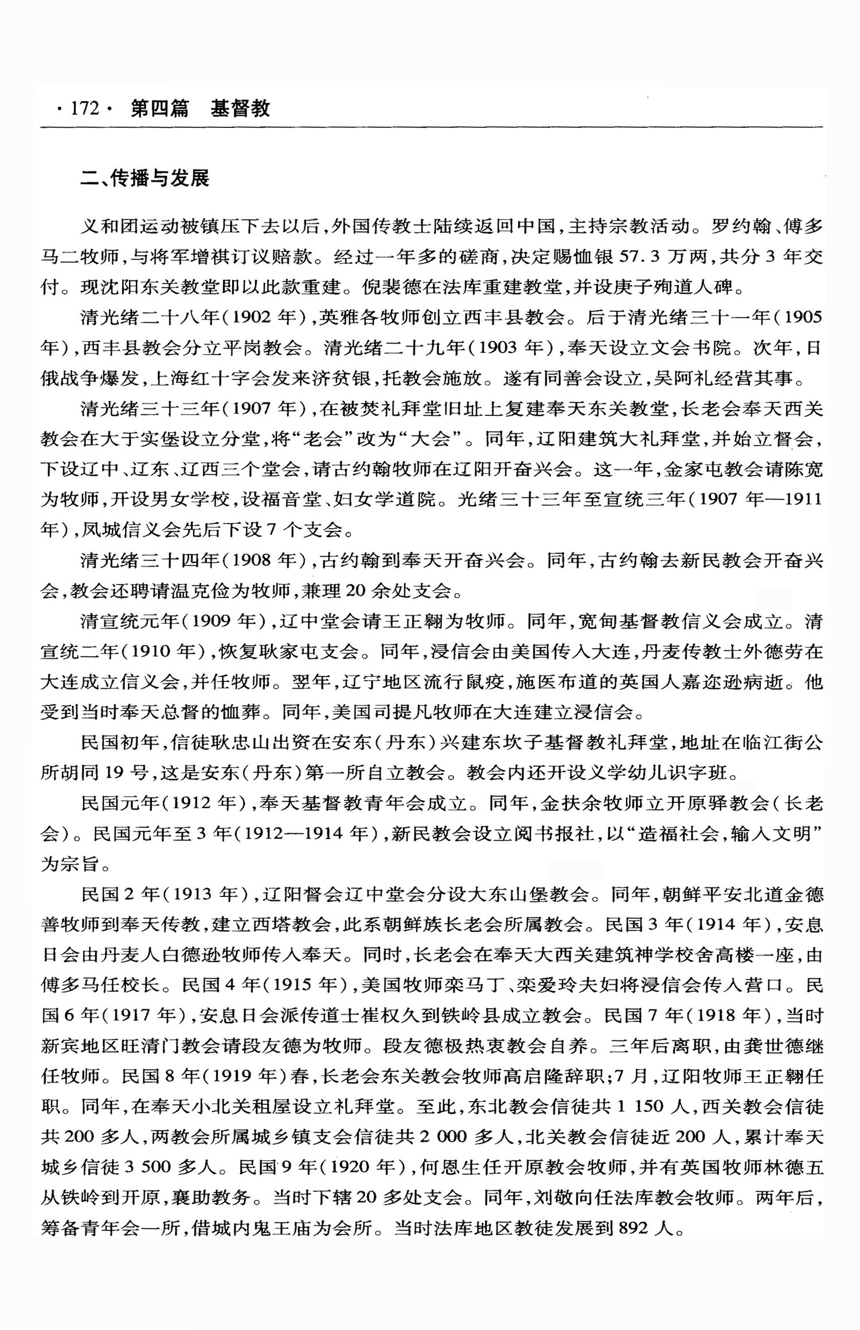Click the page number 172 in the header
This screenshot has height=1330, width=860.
[x=85, y=108]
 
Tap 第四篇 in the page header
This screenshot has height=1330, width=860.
[x=159, y=108]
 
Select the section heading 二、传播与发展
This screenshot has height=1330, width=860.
[x=145, y=178]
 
